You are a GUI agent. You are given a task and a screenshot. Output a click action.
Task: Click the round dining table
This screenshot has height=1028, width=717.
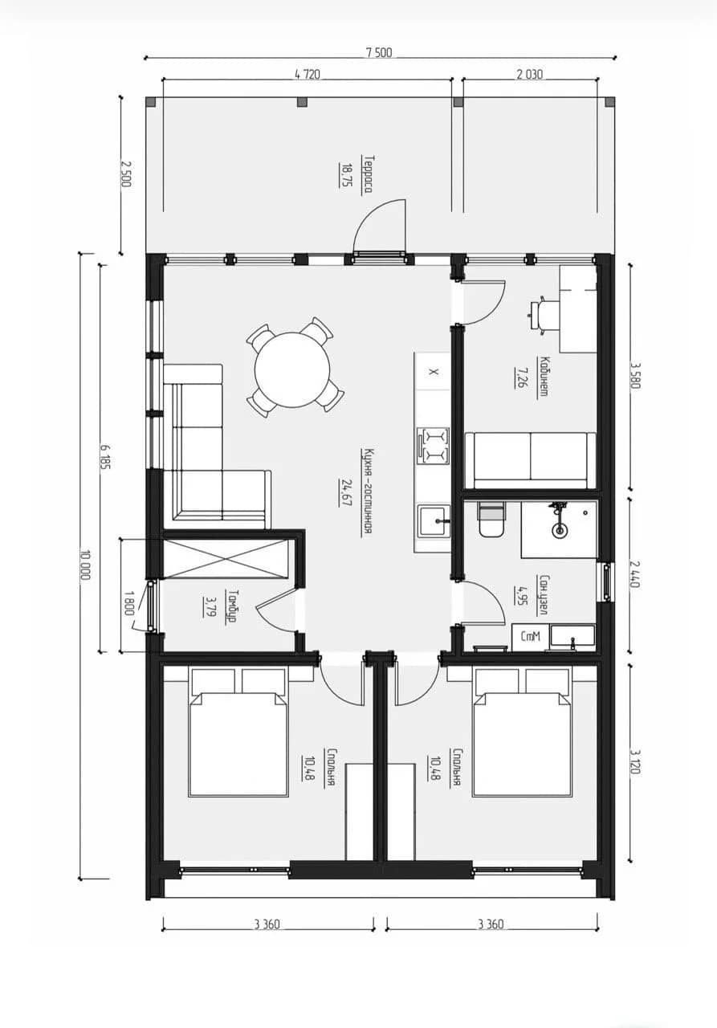[x=292, y=369]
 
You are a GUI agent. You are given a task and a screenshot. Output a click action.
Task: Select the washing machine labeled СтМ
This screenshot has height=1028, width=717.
[x=530, y=637]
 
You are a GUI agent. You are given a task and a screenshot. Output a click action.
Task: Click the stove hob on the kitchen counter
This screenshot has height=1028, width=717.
[x=433, y=445]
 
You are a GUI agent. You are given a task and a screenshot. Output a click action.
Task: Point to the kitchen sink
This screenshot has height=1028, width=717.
[x=434, y=521]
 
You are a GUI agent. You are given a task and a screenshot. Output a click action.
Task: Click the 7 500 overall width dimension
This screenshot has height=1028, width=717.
[x=379, y=53]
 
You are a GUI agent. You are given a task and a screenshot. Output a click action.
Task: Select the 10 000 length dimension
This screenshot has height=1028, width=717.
[x=85, y=565]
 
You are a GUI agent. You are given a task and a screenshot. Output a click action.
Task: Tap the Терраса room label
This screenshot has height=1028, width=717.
[x=368, y=174]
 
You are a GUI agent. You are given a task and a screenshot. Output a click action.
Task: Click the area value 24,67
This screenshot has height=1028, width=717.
[x=346, y=492]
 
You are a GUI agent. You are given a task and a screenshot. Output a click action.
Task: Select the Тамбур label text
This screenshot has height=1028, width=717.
[x=232, y=606]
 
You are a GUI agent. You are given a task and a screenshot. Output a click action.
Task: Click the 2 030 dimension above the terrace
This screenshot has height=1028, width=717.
[x=530, y=74]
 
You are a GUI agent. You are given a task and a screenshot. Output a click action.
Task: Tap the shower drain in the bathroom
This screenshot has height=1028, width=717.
[x=559, y=530]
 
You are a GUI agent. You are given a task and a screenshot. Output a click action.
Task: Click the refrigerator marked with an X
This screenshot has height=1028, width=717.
[x=433, y=371]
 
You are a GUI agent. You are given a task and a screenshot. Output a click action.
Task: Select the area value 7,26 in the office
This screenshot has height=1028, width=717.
[x=520, y=377]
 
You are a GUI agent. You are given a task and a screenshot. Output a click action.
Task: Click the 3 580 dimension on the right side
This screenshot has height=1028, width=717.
[x=634, y=376]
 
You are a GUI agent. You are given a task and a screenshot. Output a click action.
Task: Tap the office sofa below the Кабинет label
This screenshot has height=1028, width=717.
[x=530, y=460]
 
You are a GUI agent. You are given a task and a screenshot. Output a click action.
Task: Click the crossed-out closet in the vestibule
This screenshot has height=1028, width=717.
[x=226, y=558]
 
